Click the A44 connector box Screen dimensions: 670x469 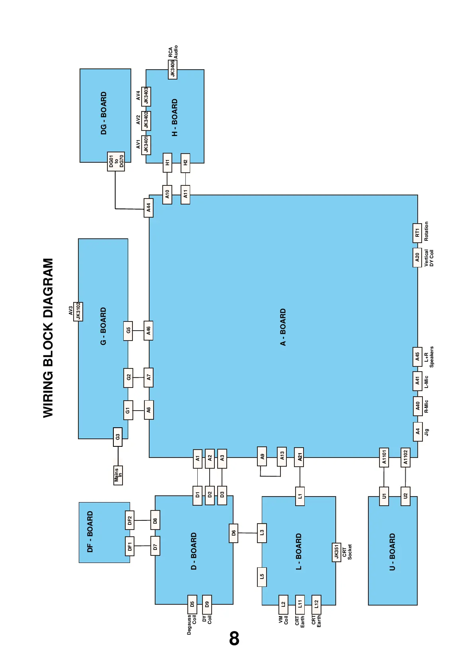(x=148, y=208)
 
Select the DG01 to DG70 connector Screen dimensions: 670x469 (x=116, y=162)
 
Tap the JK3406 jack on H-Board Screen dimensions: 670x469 (x=173, y=69)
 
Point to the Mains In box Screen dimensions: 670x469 (x=118, y=475)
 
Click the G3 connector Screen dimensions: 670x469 (x=117, y=437)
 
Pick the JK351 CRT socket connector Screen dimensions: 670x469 (x=337, y=552)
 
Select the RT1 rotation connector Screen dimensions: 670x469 (x=417, y=233)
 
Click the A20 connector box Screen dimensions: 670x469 (x=417, y=257)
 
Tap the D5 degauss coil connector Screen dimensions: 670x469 (x=192, y=604)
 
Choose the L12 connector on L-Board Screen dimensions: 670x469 (x=316, y=604)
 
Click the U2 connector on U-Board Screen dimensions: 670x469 (x=405, y=496)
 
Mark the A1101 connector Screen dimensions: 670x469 (x=384, y=457)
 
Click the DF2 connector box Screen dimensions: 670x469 (x=130, y=520)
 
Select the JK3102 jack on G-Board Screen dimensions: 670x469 (x=78, y=311)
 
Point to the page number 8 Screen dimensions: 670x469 (x=234, y=639)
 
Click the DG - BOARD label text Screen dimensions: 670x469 (x=103, y=113)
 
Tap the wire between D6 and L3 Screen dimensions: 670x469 (x=247, y=533)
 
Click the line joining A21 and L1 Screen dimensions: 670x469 (x=300, y=477)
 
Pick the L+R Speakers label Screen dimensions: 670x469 (x=429, y=356)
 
